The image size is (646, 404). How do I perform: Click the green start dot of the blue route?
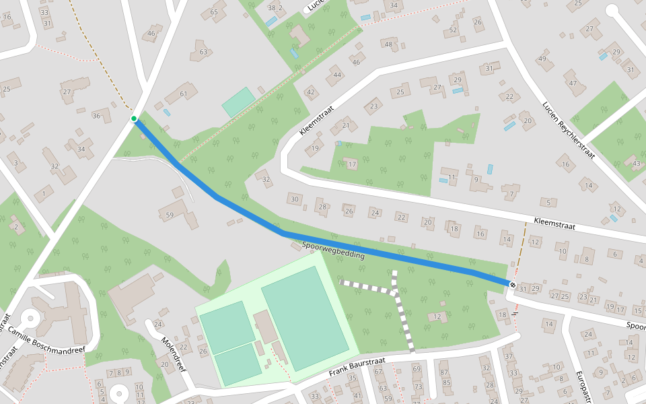134,119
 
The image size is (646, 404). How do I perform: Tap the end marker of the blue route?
513,285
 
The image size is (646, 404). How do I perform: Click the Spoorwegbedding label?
333,250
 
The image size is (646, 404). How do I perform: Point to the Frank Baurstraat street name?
356,367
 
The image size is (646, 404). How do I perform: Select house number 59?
170,215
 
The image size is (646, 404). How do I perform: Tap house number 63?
203,51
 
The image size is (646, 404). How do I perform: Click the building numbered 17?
352,164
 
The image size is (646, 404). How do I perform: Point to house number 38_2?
275,7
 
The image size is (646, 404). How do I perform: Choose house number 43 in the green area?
637,162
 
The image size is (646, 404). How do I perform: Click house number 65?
214,11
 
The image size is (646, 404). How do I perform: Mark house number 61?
184,94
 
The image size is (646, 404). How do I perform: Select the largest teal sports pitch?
305,317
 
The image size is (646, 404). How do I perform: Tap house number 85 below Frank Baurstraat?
444,383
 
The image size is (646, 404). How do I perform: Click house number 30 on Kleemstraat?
294,199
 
